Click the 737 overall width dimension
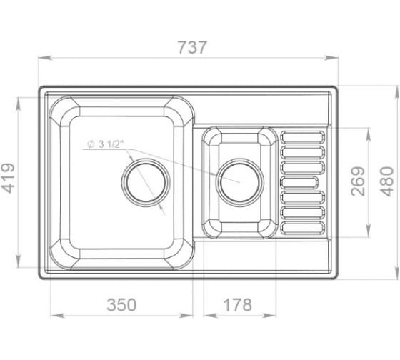click(x=192, y=47)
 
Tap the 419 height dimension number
click(x=8, y=178)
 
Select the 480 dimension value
click(x=387, y=181)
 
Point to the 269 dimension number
click(x=358, y=181)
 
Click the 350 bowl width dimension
click(x=121, y=304)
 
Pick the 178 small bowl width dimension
click(x=237, y=304)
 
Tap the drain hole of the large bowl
click(x=146, y=182)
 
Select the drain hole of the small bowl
click(x=239, y=182)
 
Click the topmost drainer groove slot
click(x=303, y=137)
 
